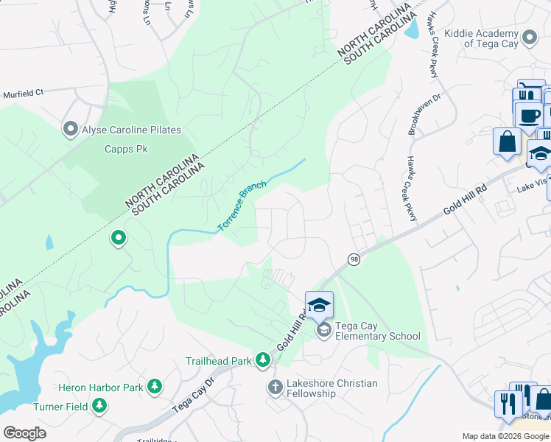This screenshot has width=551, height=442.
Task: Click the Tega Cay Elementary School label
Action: (x=377, y=331)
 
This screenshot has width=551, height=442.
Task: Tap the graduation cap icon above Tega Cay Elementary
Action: (x=319, y=305)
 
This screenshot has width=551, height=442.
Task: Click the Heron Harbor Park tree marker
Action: (x=155, y=386)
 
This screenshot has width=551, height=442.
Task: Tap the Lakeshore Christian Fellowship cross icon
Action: (x=275, y=387)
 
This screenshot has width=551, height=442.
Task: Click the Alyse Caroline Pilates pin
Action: (x=71, y=130)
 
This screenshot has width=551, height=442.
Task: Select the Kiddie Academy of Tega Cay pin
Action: (x=529, y=38)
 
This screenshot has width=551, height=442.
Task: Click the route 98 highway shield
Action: (x=354, y=259)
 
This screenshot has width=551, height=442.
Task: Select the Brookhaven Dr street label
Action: (x=415, y=115)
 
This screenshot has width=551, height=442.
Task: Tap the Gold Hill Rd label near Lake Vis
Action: (x=466, y=200)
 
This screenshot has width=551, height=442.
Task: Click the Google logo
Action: (x=24, y=432)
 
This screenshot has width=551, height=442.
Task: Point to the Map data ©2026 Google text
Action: (x=505, y=436)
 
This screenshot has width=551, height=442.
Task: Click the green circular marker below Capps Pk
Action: (x=118, y=238)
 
